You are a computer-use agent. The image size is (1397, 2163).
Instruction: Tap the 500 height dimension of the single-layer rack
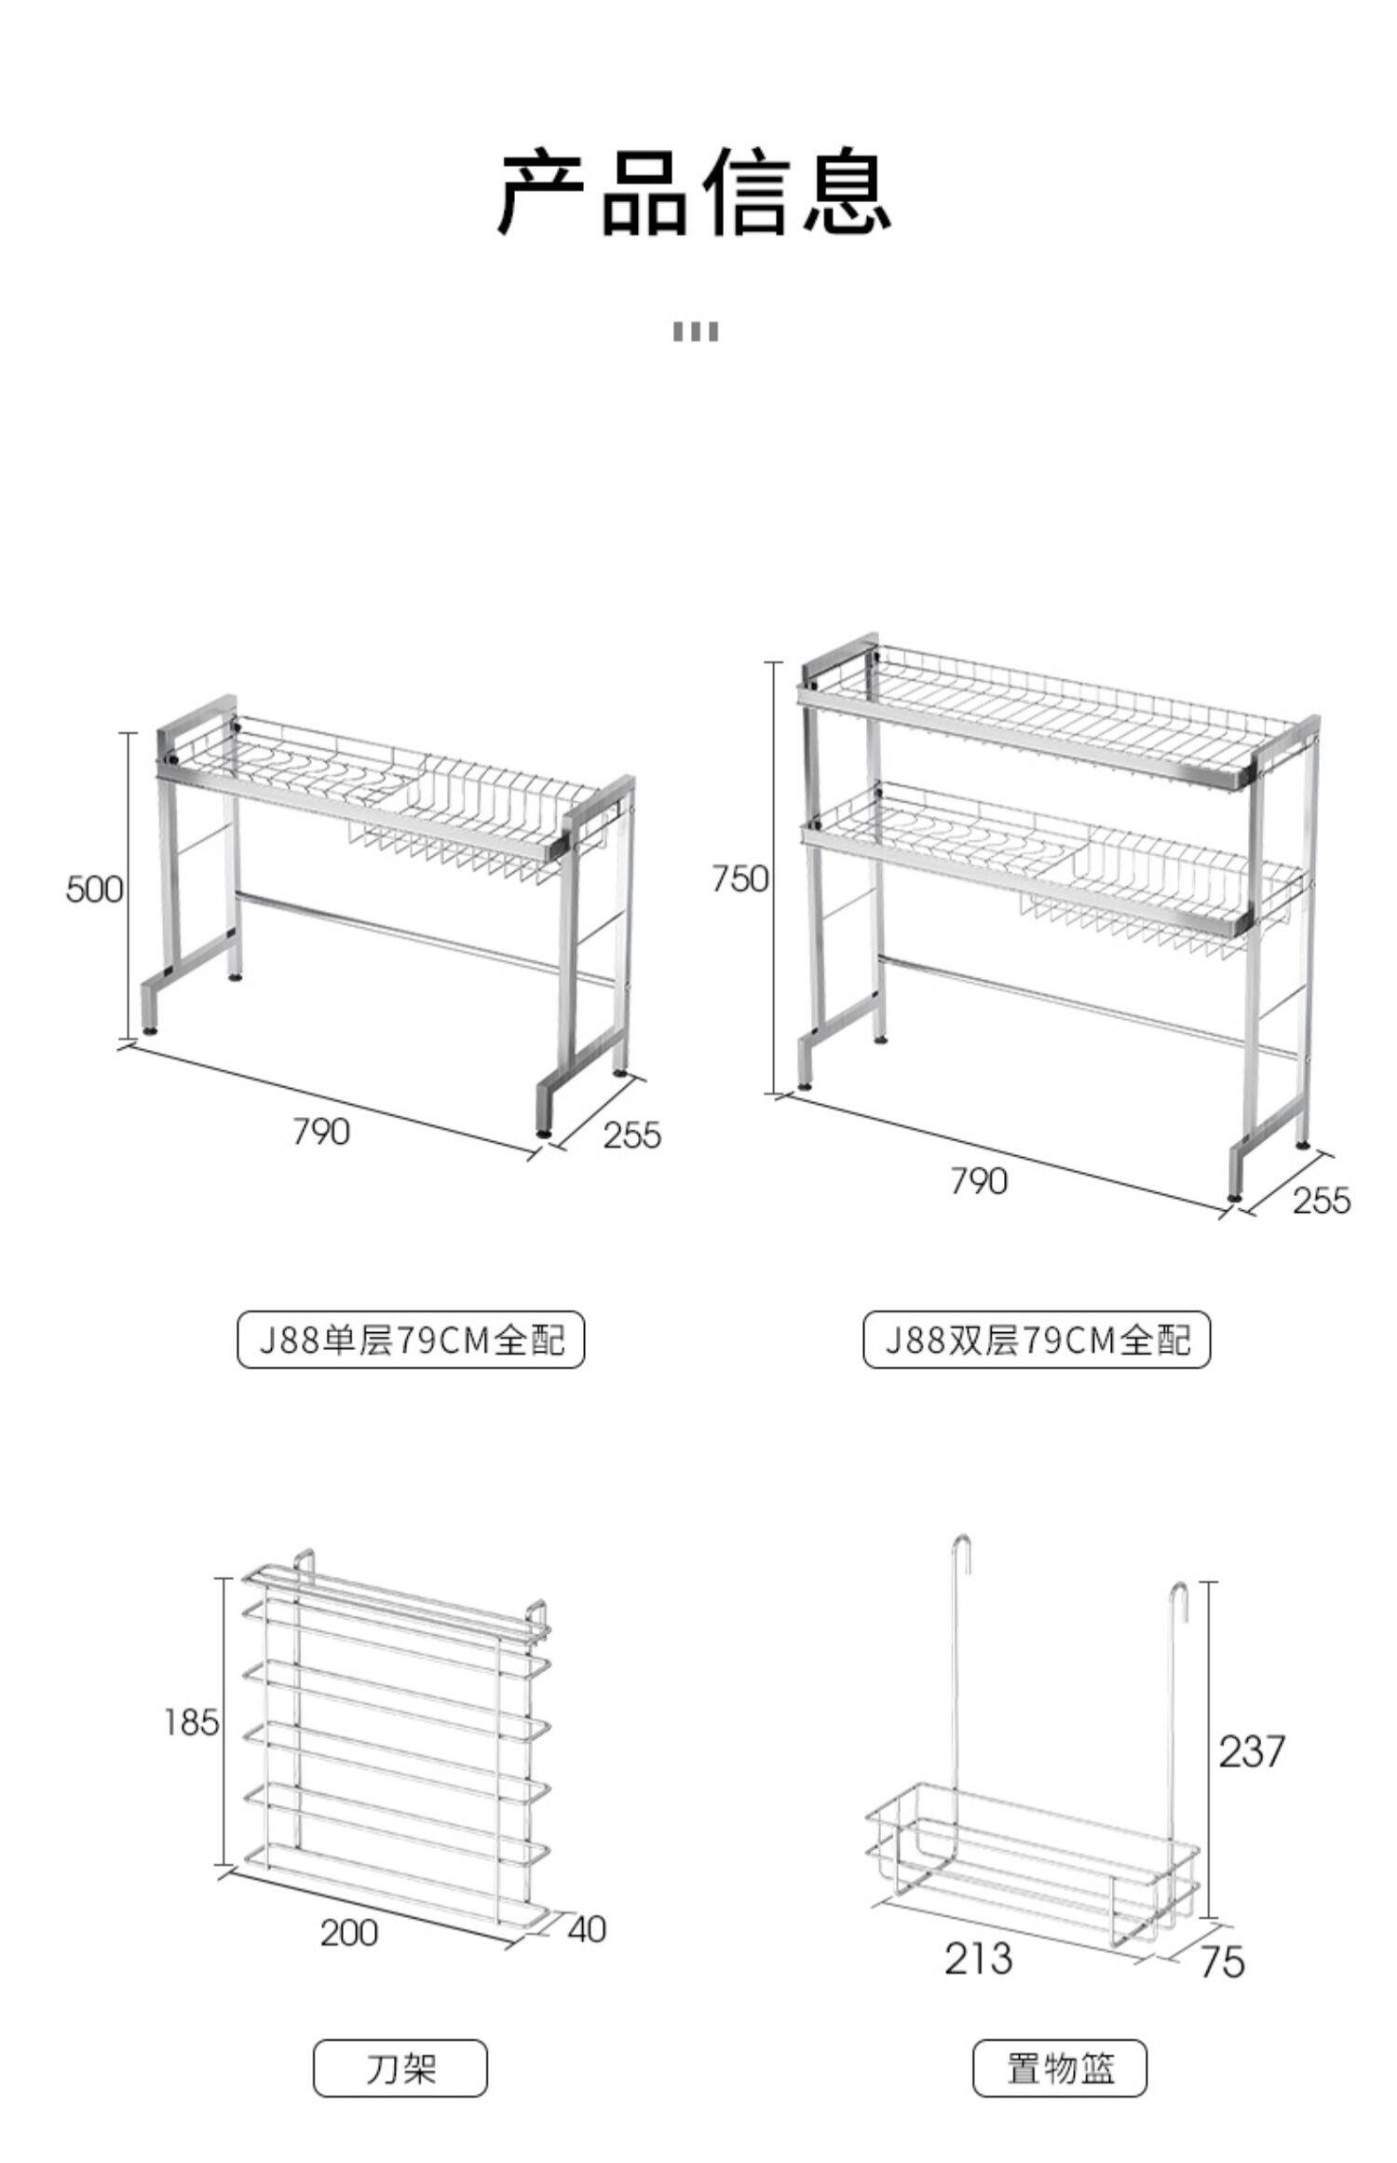click(94, 890)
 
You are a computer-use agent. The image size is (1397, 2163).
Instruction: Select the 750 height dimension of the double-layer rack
click(740, 878)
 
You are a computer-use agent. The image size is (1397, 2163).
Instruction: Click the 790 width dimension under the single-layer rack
click(321, 1132)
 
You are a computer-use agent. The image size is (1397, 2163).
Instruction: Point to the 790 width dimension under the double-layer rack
click(979, 1181)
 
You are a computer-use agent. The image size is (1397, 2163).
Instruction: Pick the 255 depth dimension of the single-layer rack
click(632, 1135)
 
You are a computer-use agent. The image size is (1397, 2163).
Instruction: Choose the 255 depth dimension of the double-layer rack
click(1321, 1200)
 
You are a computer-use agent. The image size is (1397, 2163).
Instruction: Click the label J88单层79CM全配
click(411, 1340)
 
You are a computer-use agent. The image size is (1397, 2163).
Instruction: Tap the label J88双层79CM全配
click(1037, 1340)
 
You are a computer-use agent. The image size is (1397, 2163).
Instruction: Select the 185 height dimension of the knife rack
click(192, 1722)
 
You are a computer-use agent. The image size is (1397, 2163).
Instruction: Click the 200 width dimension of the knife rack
click(349, 1933)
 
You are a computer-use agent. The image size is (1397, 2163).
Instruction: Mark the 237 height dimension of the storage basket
click(1251, 1751)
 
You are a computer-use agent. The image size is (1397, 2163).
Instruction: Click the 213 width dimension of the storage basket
click(978, 1957)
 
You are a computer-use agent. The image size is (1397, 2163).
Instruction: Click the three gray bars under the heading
click(696, 332)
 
